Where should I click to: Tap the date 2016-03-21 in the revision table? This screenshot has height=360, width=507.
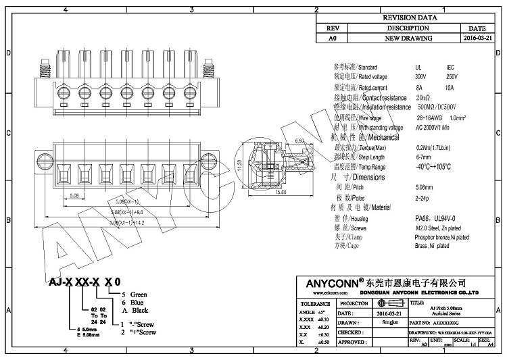pyautogui.click(x=477, y=39)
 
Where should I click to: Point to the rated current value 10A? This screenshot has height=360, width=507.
pyautogui.click(x=450, y=88)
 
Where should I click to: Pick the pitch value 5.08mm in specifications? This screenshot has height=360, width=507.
pyautogui.click(x=425, y=187)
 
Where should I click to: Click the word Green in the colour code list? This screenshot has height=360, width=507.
pyautogui.click(x=139, y=294)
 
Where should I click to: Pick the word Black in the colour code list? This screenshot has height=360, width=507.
pyautogui.click(x=140, y=310)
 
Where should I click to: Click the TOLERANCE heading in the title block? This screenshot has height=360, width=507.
pyautogui.click(x=314, y=304)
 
